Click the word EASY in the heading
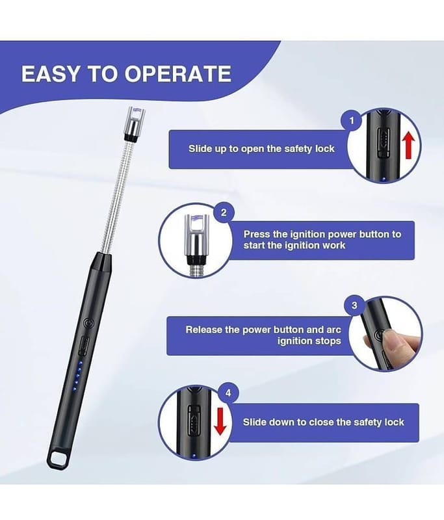51,73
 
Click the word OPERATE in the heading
177,73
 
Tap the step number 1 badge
352,121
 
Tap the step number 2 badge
224,213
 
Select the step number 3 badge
354,305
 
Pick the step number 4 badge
228,393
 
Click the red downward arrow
220,421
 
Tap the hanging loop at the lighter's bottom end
59,459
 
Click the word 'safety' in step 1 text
299,149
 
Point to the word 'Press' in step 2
257,234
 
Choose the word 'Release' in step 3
203,330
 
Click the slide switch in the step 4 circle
194,421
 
